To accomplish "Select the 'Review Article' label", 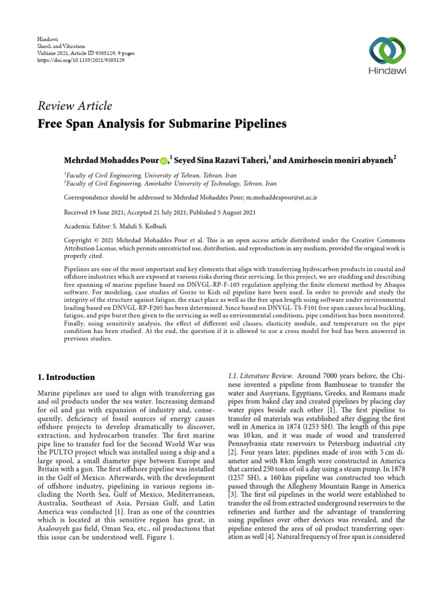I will [75, 106].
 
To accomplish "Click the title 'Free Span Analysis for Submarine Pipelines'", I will [162, 124].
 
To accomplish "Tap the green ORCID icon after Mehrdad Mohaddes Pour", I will [163, 160].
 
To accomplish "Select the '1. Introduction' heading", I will [66, 377].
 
